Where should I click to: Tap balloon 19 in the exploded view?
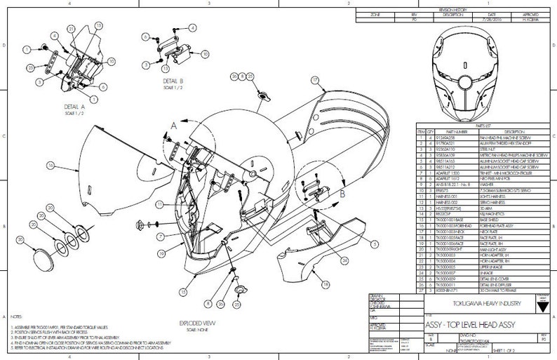[162, 252]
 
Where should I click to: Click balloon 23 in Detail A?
[31, 66]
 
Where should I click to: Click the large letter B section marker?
[342, 190]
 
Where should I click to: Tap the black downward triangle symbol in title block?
[541, 307]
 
